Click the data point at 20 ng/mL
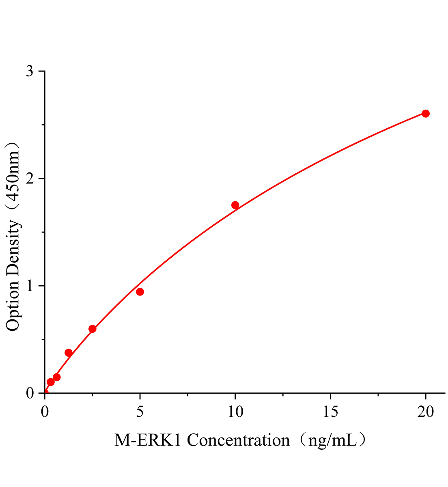pyautogui.click(x=426, y=114)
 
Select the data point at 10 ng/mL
pyautogui.click(x=235, y=205)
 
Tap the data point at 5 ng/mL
pyautogui.click(x=140, y=292)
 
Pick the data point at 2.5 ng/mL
pyautogui.click(x=93, y=329)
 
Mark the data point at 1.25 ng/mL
pyautogui.click(x=69, y=353)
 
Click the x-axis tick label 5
pyautogui.click(x=140, y=412)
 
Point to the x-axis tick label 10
pyautogui.click(x=235, y=412)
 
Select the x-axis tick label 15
pyautogui.click(x=330, y=412)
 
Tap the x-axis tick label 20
pyautogui.click(x=426, y=412)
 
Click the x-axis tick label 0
pyautogui.click(x=45, y=412)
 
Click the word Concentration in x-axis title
pyautogui.click(x=238, y=440)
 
